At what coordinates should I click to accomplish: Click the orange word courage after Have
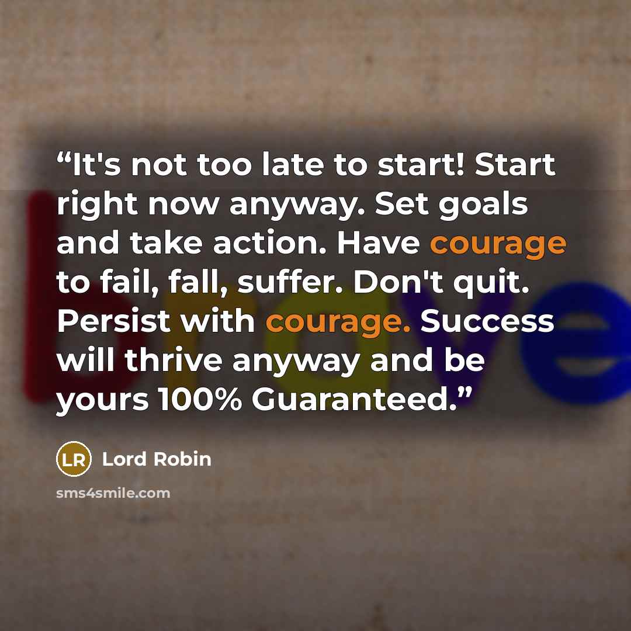click(x=498, y=244)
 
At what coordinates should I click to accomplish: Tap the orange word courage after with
click(x=338, y=323)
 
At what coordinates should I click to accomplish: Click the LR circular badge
click(x=74, y=459)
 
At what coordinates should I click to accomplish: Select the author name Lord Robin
click(x=157, y=459)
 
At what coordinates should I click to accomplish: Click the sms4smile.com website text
click(x=113, y=493)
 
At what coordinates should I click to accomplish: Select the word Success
click(x=487, y=321)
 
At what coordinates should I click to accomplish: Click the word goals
click(x=483, y=205)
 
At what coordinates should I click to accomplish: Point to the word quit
click(x=491, y=283)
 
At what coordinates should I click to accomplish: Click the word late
click(x=293, y=165)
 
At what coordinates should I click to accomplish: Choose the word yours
click(x=102, y=401)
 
